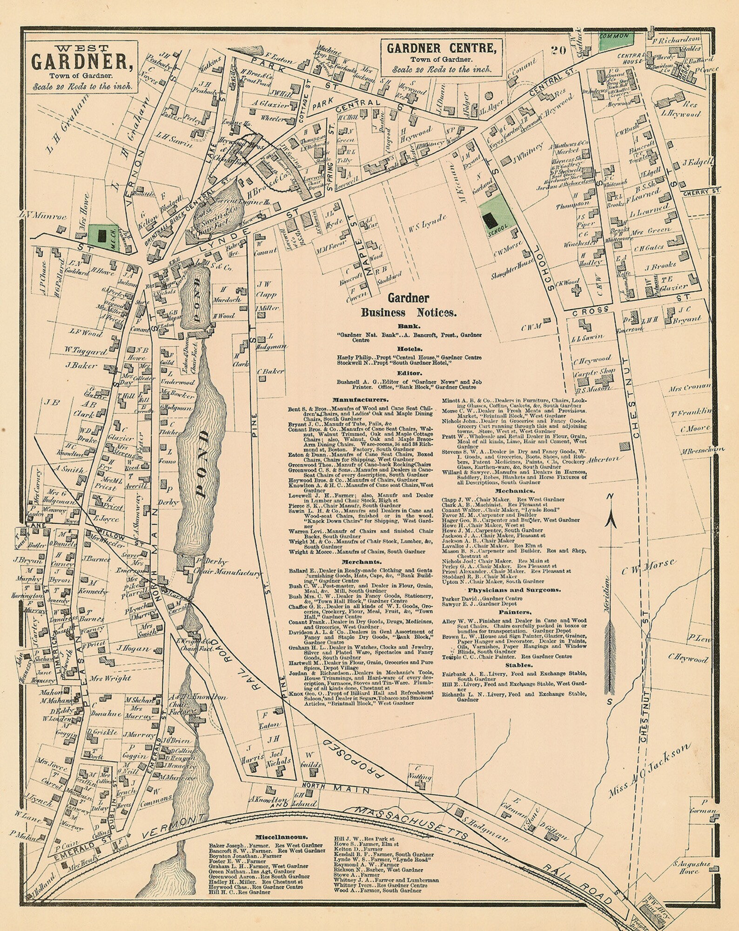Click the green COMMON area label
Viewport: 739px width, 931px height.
point(614,36)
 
